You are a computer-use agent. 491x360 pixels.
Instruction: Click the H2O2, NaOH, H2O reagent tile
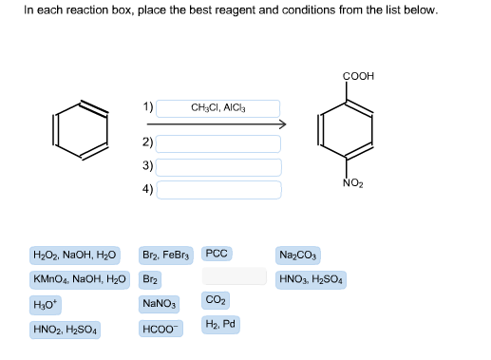click(x=74, y=256)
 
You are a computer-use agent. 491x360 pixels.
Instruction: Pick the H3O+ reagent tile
click(x=46, y=305)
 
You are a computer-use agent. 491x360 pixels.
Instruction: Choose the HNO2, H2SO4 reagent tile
click(x=66, y=330)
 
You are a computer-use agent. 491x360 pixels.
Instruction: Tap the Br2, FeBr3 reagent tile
click(x=166, y=256)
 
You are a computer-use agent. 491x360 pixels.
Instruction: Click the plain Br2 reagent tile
click(x=150, y=280)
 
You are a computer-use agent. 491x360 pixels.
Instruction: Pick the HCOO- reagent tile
click(x=159, y=330)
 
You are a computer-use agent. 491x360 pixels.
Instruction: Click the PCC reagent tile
click(x=217, y=254)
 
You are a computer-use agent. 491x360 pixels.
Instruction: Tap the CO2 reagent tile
click(x=215, y=300)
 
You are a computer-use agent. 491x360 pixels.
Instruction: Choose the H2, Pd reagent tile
click(x=221, y=324)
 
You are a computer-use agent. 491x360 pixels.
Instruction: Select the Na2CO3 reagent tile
click(x=299, y=256)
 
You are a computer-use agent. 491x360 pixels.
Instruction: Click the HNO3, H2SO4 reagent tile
click(x=312, y=280)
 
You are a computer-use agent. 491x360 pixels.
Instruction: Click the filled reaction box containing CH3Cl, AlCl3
click(x=218, y=109)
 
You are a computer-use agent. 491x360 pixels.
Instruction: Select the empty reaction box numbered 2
click(x=218, y=143)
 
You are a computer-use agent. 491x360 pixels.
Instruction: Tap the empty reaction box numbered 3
click(x=218, y=166)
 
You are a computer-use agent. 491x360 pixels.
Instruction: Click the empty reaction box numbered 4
click(x=218, y=189)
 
